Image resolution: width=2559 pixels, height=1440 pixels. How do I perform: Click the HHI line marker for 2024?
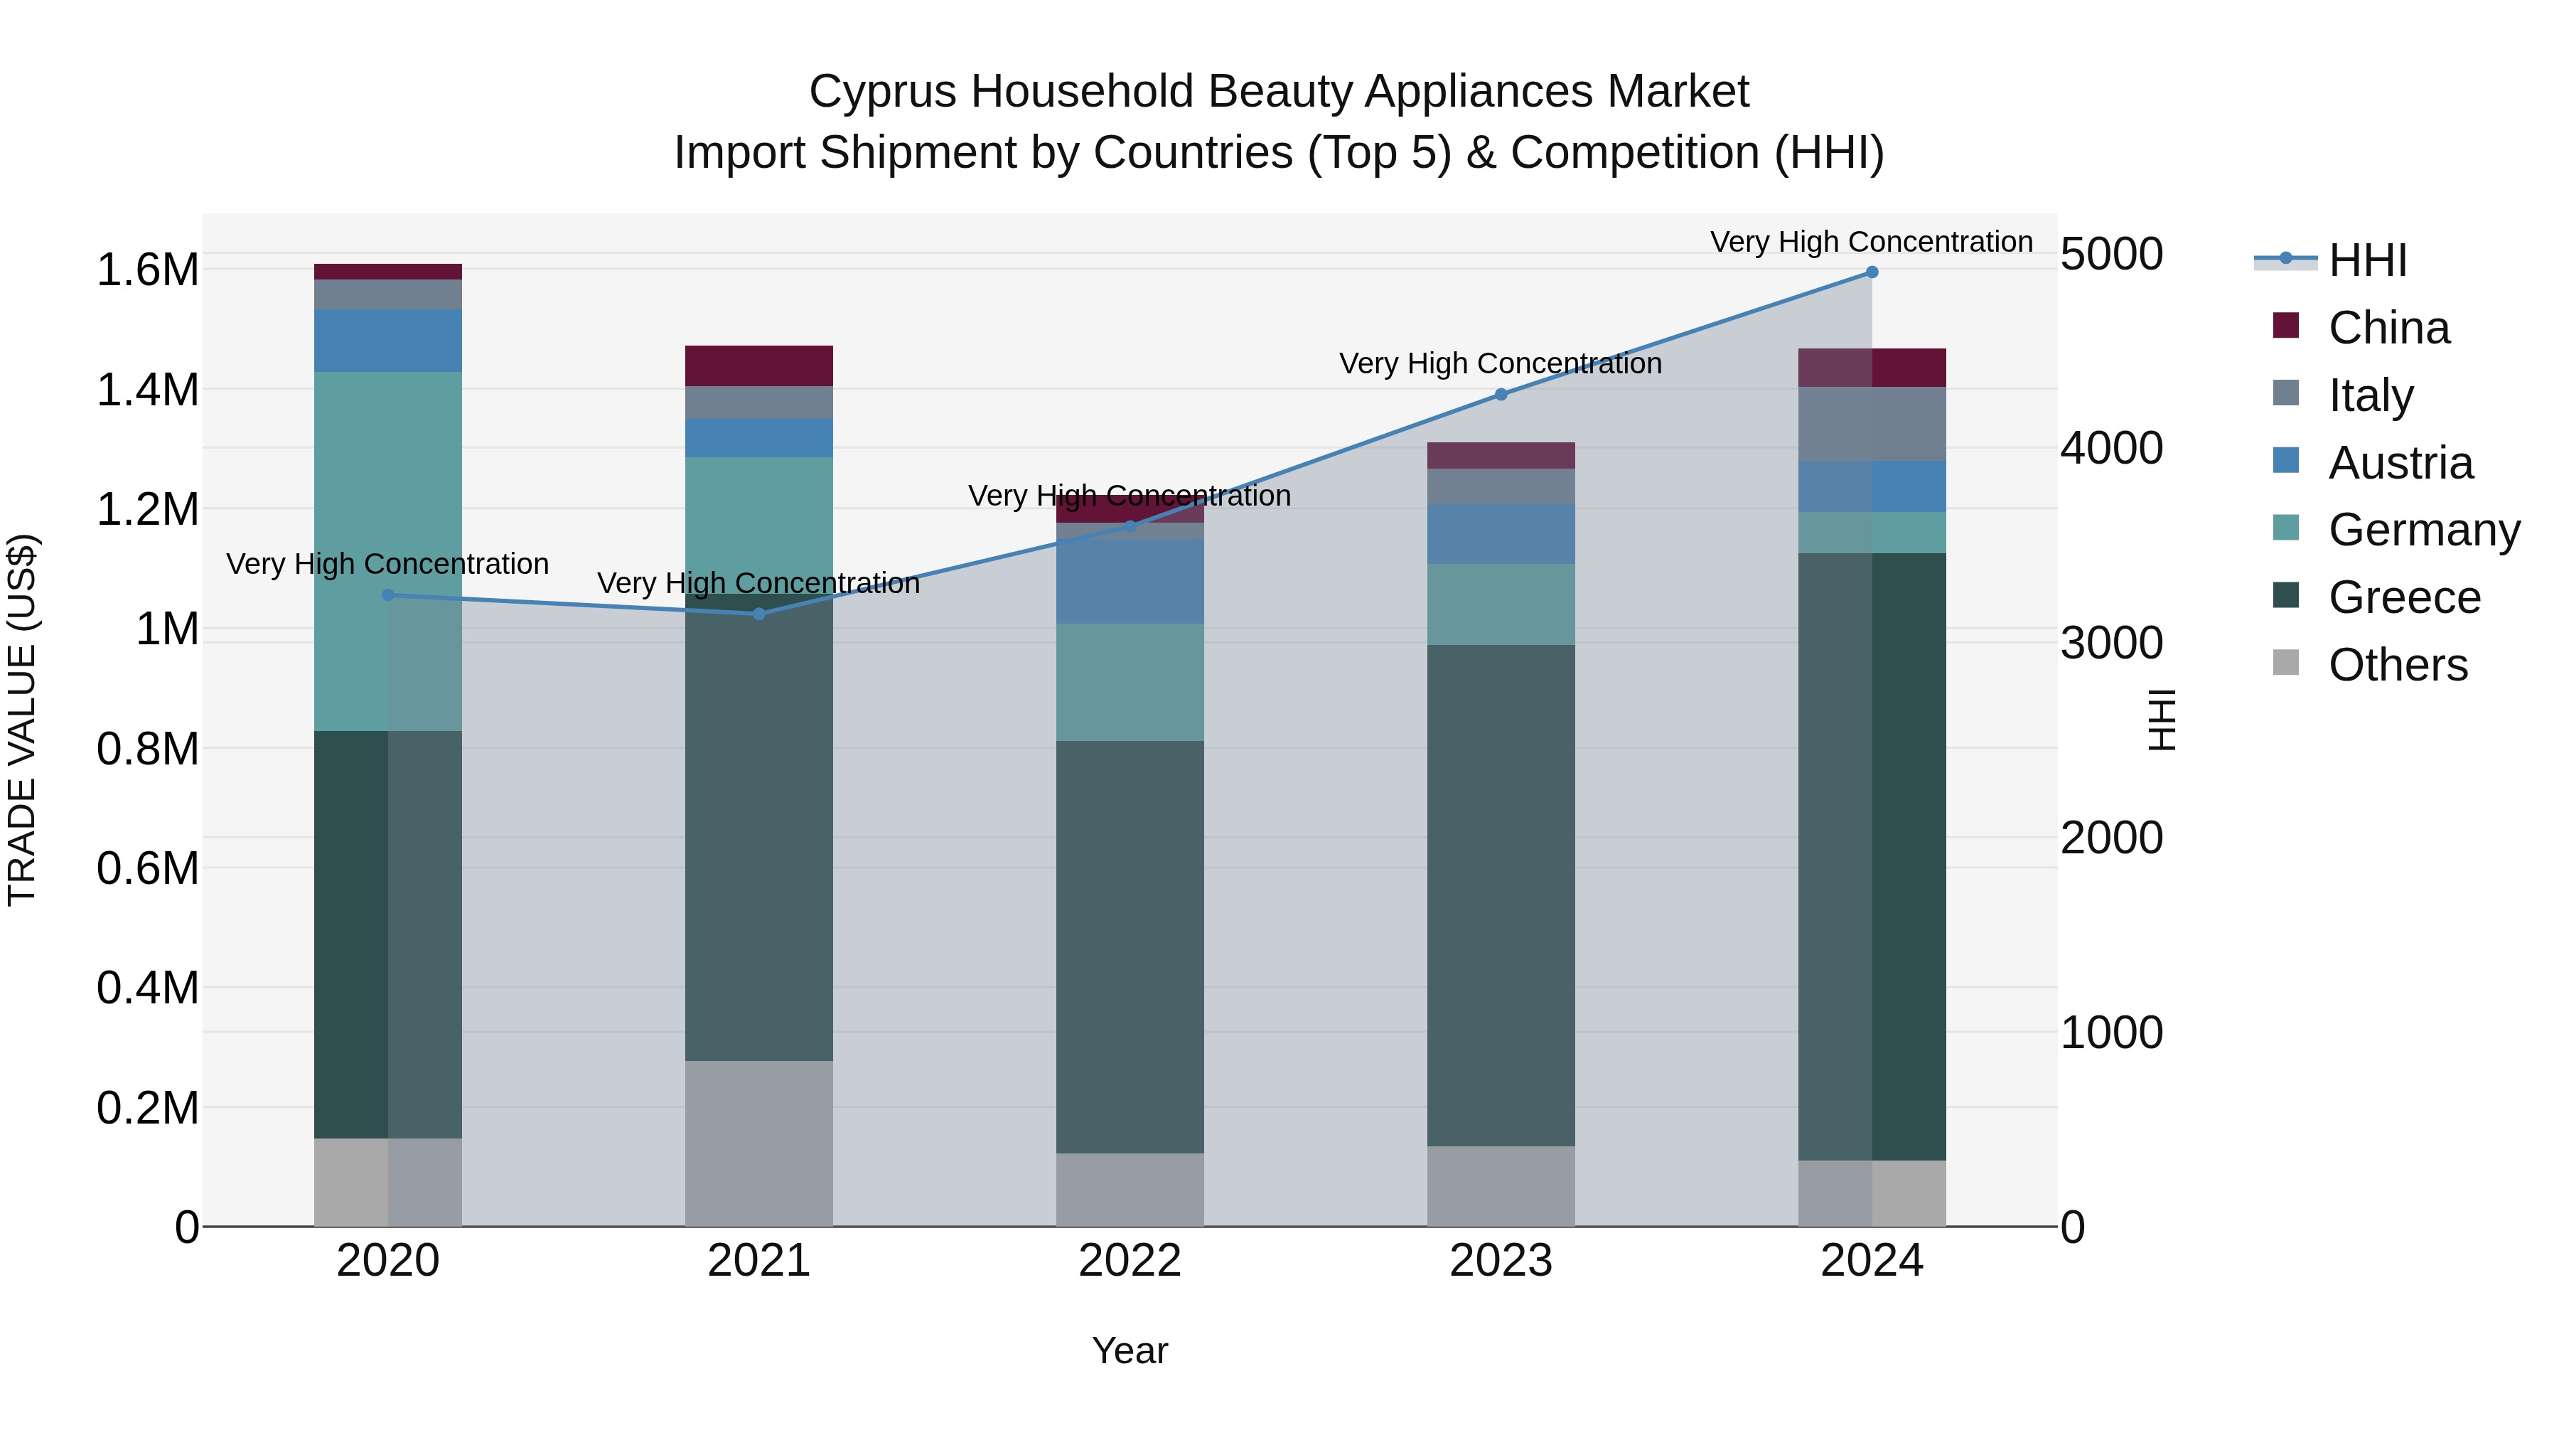(x=1872, y=272)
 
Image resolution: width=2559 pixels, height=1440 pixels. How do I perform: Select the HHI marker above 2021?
(x=759, y=614)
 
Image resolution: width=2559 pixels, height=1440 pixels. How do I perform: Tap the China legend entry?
(x=2388, y=328)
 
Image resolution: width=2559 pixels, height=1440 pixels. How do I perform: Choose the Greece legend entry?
(x=2404, y=597)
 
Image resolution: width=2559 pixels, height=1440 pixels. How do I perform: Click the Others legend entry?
(x=2397, y=665)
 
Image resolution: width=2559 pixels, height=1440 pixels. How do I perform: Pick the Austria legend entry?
(x=2400, y=463)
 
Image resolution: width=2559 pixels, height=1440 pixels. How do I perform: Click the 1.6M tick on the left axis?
(x=147, y=270)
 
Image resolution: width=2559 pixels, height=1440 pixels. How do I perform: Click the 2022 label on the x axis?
(x=1130, y=1261)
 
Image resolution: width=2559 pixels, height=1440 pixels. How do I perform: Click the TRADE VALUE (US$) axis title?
(x=22, y=720)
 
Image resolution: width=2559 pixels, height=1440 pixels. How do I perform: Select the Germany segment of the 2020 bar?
(x=387, y=552)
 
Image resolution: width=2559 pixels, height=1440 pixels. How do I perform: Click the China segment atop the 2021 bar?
(x=759, y=366)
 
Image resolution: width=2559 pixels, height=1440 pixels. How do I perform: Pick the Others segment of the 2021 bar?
(x=759, y=1143)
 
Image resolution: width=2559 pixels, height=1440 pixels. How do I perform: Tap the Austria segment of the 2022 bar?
(x=1130, y=582)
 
